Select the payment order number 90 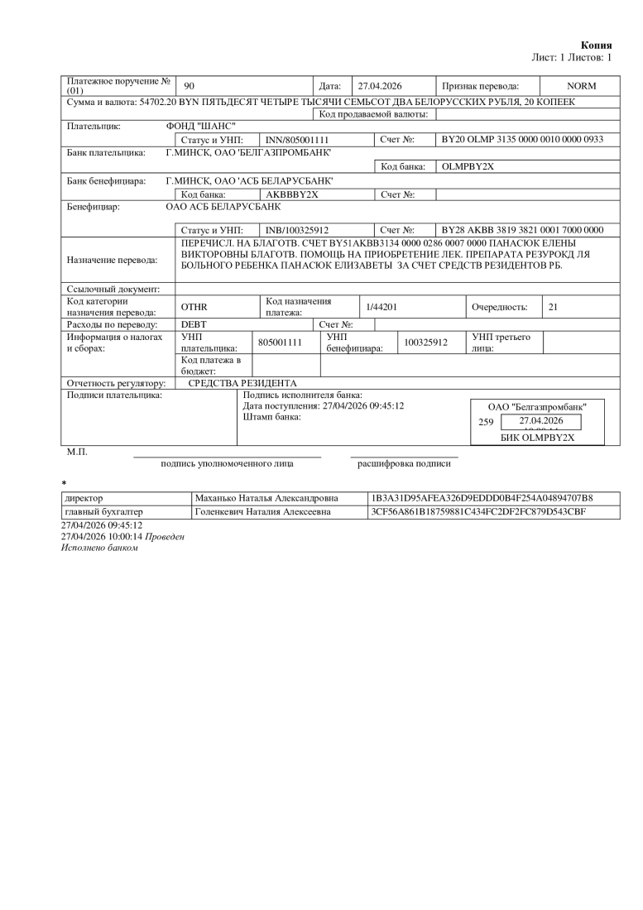point(189,86)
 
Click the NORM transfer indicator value point(581,86)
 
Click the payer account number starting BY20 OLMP point(523,140)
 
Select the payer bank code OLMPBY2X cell point(468,166)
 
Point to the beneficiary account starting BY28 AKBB point(523,229)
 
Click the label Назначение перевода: point(112,260)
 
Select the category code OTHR point(194,307)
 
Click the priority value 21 point(554,307)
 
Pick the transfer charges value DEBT point(194,324)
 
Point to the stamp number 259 point(486,422)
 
